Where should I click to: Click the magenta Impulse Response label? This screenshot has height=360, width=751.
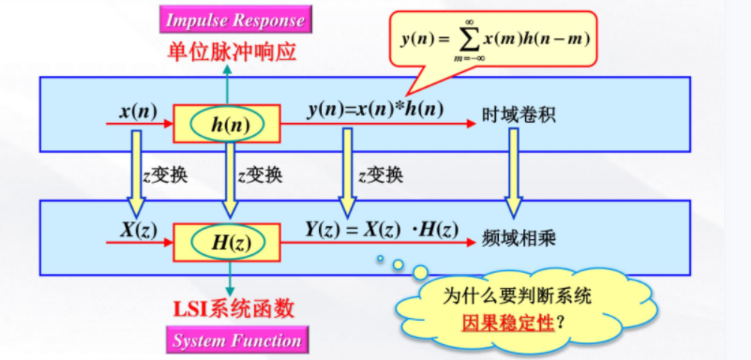pyautogui.click(x=236, y=20)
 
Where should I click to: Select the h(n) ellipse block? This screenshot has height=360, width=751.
pyautogui.click(x=226, y=124)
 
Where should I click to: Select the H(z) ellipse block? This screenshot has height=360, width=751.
pyautogui.click(x=226, y=241)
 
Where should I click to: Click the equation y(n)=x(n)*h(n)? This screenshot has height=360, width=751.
pyautogui.click(x=375, y=109)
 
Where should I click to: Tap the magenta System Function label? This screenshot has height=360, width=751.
pyautogui.click(x=236, y=340)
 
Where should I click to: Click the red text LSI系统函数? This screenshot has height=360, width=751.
pyautogui.click(x=234, y=309)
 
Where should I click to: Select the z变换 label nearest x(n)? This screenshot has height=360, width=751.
pyautogui.click(x=164, y=175)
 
